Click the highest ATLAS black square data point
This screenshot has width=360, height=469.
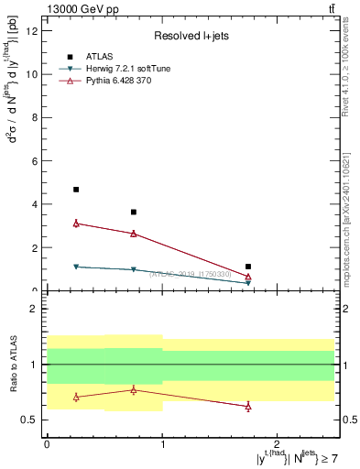(76, 190)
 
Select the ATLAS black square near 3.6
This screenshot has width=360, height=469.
(134, 213)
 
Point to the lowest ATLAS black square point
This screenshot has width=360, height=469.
(248, 267)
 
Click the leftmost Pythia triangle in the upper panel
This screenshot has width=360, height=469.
(76, 223)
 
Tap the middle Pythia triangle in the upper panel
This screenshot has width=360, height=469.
(134, 234)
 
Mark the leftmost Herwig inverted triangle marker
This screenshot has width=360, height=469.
(76, 267)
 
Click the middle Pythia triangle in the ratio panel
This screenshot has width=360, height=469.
(134, 389)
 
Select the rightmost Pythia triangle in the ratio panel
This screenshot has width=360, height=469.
(248, 406)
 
